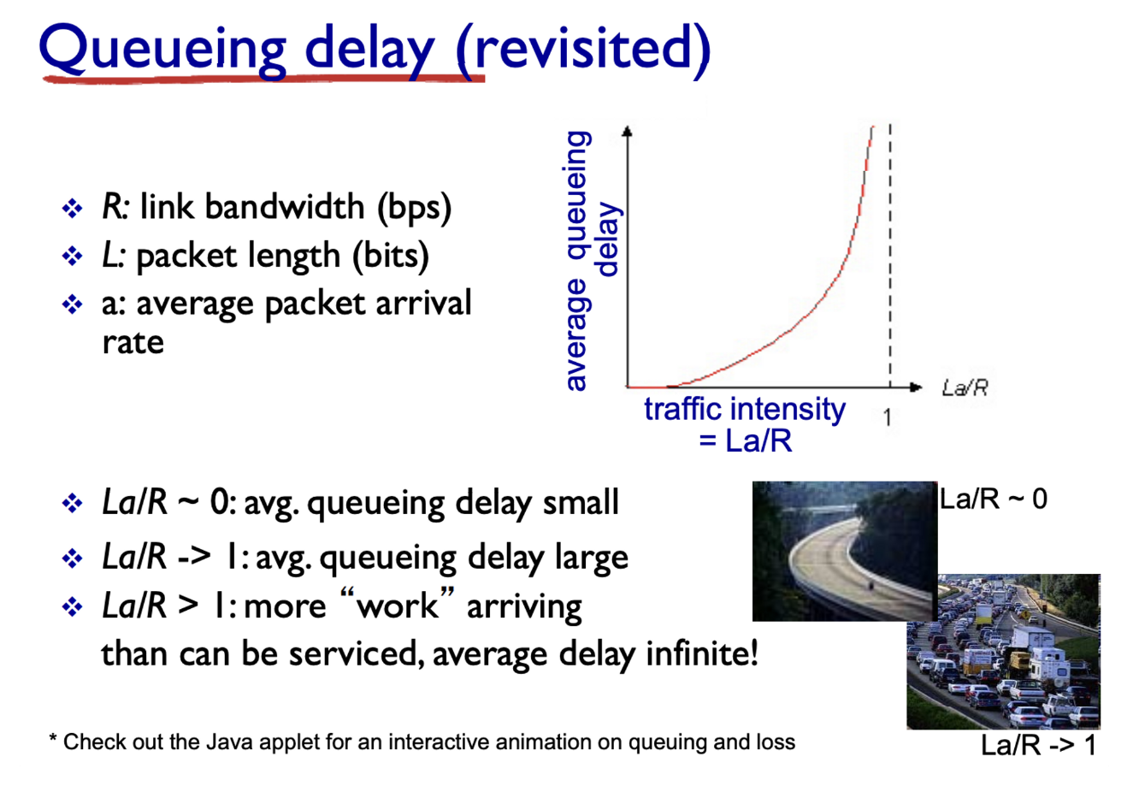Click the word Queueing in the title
(x=162, y=50)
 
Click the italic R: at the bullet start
(x=116, y=206)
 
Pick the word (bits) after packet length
(x=391, y=256)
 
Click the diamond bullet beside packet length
(x=72, y=256)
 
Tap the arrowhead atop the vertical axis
(x=628, y=131)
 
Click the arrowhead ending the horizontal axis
(x=916, y=387)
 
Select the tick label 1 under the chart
(x=888, y=417)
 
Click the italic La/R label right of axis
(x=965, y=388)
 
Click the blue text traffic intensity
(x=745, y=410)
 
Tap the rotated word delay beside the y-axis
(x=607, y=239)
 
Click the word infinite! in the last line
(x=702, y=653)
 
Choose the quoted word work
(x=397, y=606)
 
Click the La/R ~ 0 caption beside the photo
(x=993, y=499)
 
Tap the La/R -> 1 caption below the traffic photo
(x=1038, y=745)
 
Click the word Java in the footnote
(x=229, y=742)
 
